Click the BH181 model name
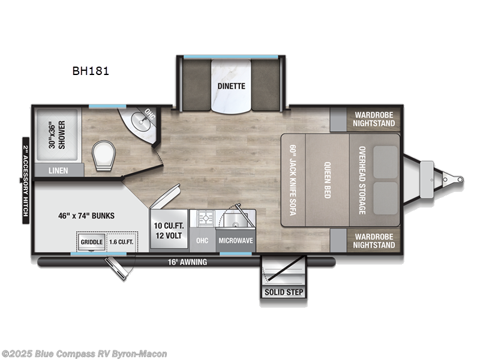click(91, 70)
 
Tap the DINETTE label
click(231, 86)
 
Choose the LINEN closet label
click(58, 171)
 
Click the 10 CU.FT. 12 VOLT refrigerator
click(168, 229)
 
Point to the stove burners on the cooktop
click(203, 217)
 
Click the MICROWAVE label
click(235, 241)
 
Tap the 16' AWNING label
click(188, 262)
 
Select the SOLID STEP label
click(283, 293)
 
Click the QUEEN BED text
click(328, 180)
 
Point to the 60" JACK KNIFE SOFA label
click(293, 180)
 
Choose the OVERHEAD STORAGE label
click(362, 180)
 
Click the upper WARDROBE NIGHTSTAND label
click(374, 119)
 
